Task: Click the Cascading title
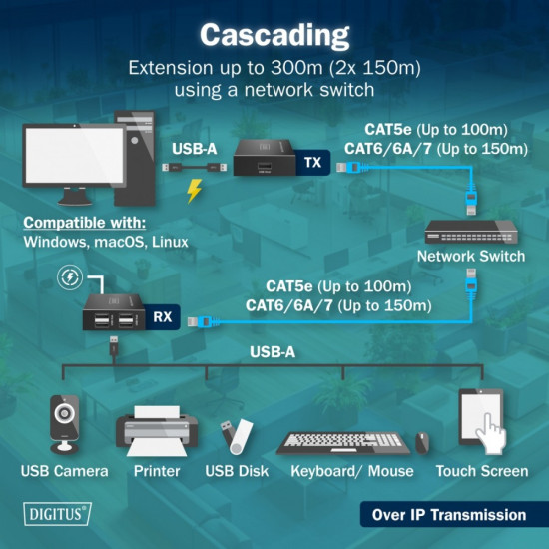pyautogui.click(x=274, y=34)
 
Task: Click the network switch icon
pyautogui.click(x=471, y=231)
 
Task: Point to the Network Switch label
pyautogui.click(x=471, y=257)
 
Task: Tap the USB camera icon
pyautogui.click(x=64, y=424)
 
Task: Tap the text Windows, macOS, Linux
pyautogui.click(x=105, y=243)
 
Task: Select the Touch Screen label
pyautogui.click(x=482, y=471)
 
